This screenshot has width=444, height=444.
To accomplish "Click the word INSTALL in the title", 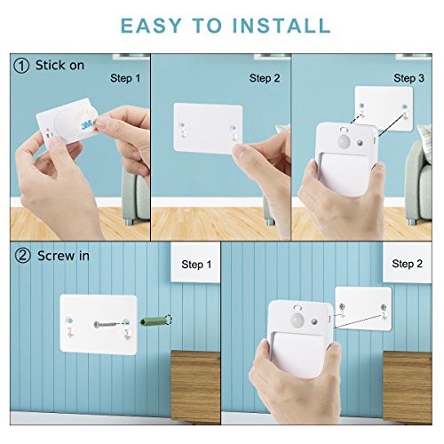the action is coord(281,26).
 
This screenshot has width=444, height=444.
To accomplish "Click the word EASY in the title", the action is coord(151,26).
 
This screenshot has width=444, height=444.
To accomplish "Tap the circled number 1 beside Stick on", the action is coord(21,66).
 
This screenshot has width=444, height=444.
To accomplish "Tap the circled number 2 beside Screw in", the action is coord(22,256).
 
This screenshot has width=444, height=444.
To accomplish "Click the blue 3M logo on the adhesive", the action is coord(87,125).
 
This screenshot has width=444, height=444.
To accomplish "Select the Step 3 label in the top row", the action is coord(408,78).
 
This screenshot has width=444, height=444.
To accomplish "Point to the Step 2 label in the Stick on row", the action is coord(265,78).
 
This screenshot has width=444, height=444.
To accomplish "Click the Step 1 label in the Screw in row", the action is coord(196,265).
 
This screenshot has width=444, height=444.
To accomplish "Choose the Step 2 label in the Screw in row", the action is coord(407,264).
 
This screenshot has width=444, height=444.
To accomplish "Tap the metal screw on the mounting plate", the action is coord(105,325).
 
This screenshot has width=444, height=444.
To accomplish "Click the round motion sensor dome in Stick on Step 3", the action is coord(344,141).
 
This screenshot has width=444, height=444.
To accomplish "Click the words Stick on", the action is coord(59,65).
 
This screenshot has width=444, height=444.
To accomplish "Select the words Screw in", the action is coord(63,256).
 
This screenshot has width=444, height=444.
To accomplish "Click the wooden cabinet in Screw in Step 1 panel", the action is coord(195,386).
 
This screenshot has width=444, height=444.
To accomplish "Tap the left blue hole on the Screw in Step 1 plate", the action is coord(69,321).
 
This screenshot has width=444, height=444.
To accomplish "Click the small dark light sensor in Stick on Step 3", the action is coord(360,143).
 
